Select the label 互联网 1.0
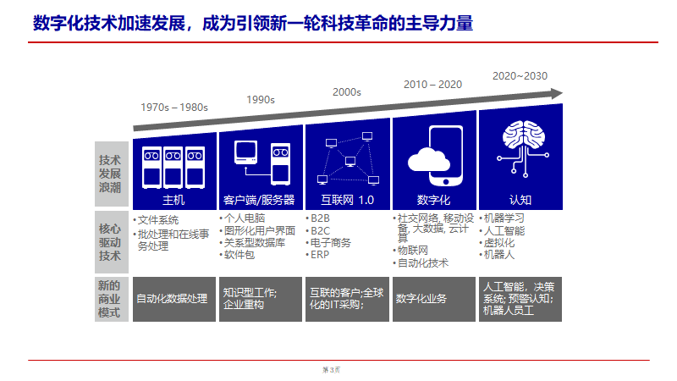347,201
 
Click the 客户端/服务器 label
259,201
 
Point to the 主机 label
173,201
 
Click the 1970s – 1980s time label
174,108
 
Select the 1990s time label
261,99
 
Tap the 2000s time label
347,91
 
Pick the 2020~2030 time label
520,75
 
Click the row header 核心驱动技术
110,242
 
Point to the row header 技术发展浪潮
110,172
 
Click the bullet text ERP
319,254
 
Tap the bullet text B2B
320,218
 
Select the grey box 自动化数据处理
172,299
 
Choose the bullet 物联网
414,251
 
